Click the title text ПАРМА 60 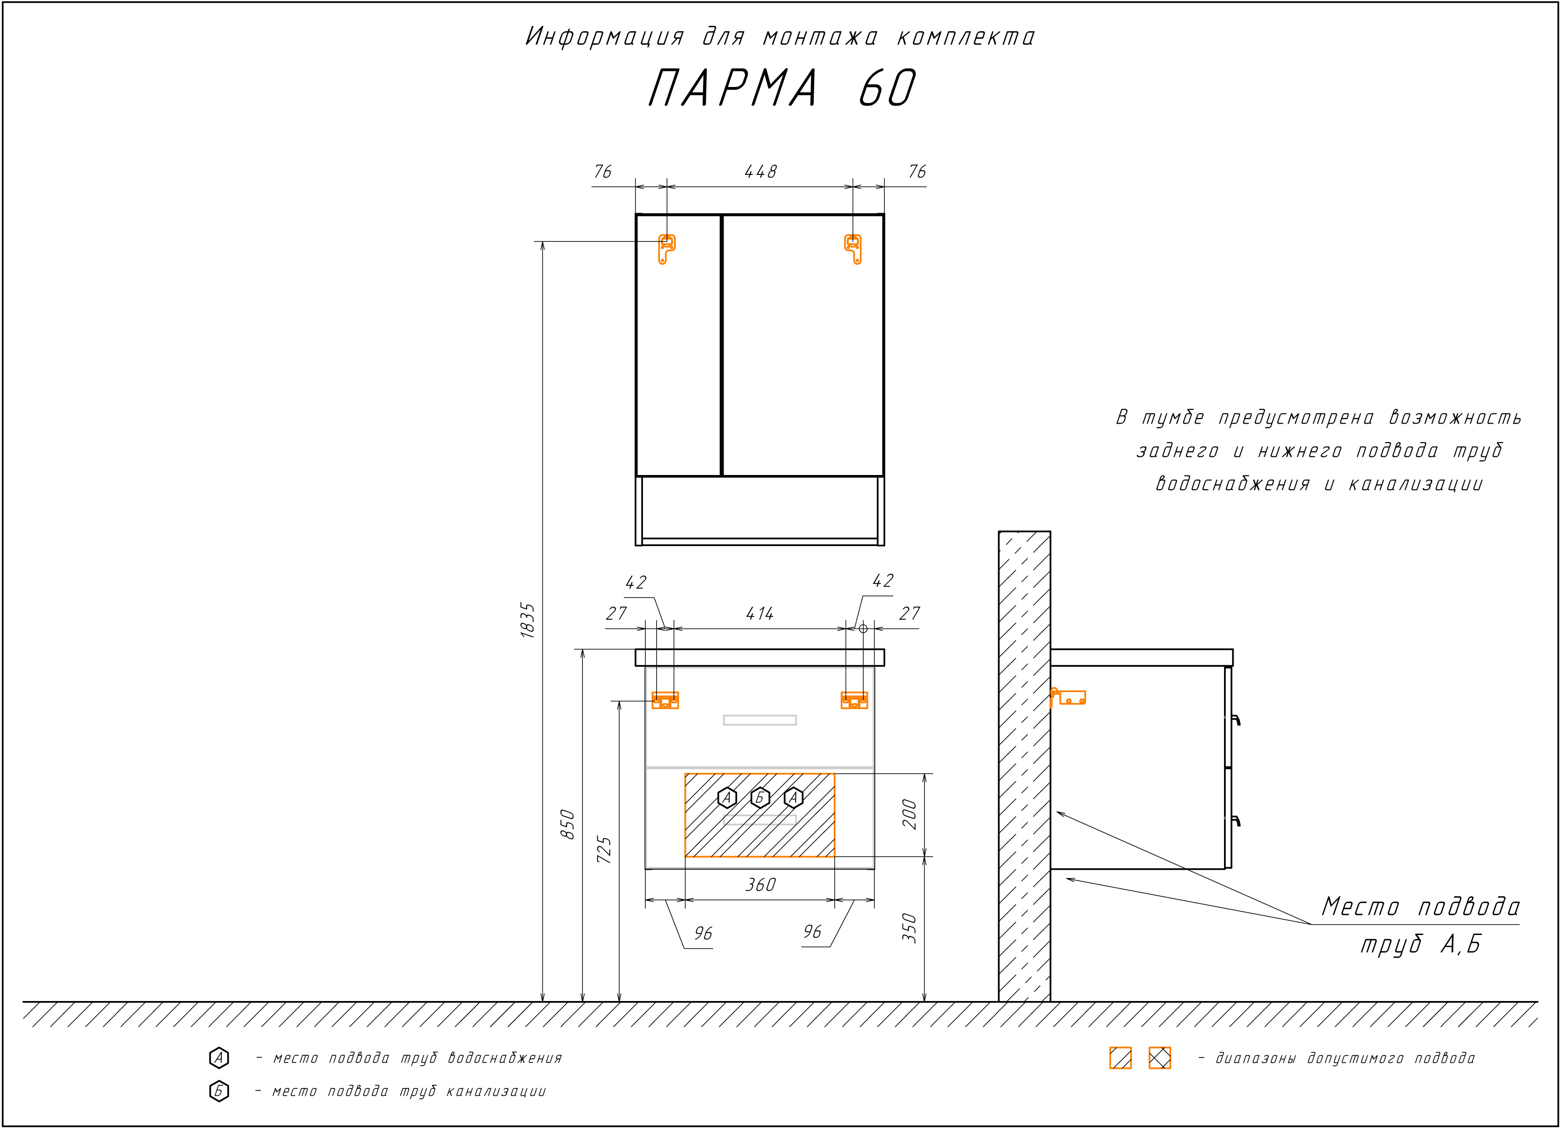(x=782, y=88)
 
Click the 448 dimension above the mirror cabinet (x=760, y=171)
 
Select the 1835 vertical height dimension (x=528, y=620)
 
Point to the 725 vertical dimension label (x=604, y=850)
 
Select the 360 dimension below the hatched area (x=760, y=884)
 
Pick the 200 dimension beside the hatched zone (x=909, y=814)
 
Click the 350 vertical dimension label (x=909, y=928)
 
